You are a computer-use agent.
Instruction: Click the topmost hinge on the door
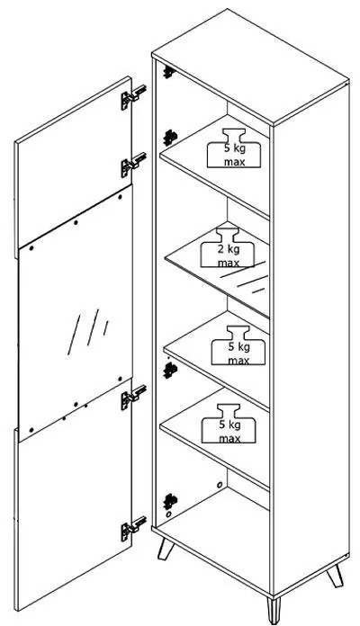click(x=133, y=97)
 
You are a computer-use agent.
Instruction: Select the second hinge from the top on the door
click(x=133, y=165)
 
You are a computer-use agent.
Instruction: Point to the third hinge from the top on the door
click(x=133, y=398)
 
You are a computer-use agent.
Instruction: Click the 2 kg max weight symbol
click(x=228, y=248)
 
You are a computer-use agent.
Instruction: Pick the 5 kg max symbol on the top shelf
click(x=234, y=148)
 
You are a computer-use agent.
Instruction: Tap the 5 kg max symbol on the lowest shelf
click(x=229, y=424)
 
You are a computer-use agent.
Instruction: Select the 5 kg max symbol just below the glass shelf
click(x=238, y=345)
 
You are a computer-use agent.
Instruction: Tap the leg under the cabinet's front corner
click(x=274, y=610)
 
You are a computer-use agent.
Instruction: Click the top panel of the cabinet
click(x=250, y=67)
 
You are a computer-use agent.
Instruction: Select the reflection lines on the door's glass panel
click(x=88, y=331)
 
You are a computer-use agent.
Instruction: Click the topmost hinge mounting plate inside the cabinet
click(x=169, y=72)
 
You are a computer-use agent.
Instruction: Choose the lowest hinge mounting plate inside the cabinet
click(x=170, y=501)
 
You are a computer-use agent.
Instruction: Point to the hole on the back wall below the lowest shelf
click(x=219, y=485)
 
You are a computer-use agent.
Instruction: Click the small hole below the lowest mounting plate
click(x=168, y=514)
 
